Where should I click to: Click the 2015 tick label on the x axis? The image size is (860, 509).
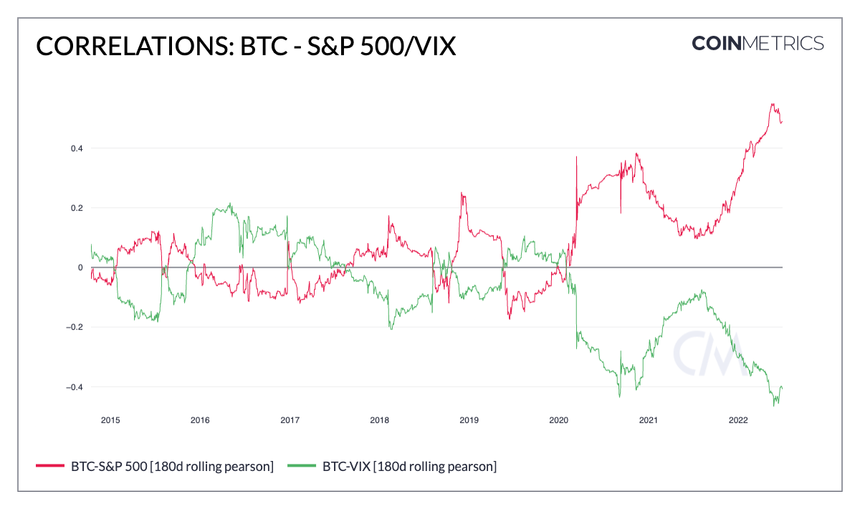click(110, 419)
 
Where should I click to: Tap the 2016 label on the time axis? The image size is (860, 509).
click(200, 419)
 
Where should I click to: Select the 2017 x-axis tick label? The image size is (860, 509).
click(290, 419)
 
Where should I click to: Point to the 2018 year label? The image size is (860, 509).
click(379, 419)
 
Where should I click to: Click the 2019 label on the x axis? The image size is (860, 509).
click(469, 419)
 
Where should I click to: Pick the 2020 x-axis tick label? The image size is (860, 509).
click(559, 419)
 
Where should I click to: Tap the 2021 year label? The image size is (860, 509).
click(649, 419)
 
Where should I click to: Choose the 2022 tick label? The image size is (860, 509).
click(738, 419)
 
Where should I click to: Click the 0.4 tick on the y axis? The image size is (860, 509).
click(76, 148)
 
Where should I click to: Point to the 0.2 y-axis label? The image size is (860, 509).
click(76, 208)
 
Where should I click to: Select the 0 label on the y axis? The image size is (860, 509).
click(80, 267)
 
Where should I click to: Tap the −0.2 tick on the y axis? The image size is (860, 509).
click(75, 327)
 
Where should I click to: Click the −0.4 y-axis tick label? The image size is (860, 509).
click(75, 387)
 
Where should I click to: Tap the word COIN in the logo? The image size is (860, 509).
click(720, 43)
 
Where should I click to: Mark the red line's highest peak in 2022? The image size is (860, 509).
click(772, 104)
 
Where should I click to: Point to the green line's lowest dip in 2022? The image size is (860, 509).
click(774, 406)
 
